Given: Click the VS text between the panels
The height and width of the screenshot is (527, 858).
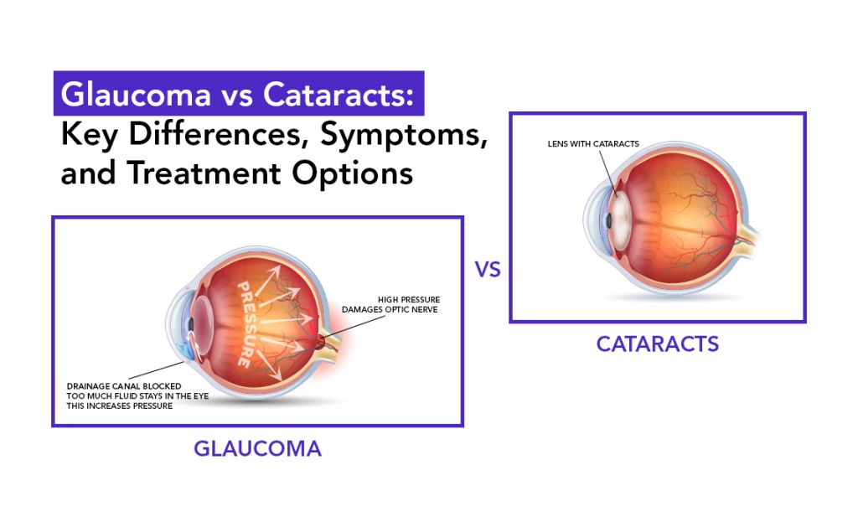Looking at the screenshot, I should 487,270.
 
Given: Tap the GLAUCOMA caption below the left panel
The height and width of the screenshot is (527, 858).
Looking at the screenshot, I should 257,449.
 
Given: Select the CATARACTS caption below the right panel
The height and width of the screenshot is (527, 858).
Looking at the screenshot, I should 657,344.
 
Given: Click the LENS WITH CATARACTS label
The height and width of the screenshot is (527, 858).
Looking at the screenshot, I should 593,144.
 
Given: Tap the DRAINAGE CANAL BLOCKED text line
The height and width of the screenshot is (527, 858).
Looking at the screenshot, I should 124,386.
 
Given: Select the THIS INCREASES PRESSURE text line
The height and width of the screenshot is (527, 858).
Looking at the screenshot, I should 122,406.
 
